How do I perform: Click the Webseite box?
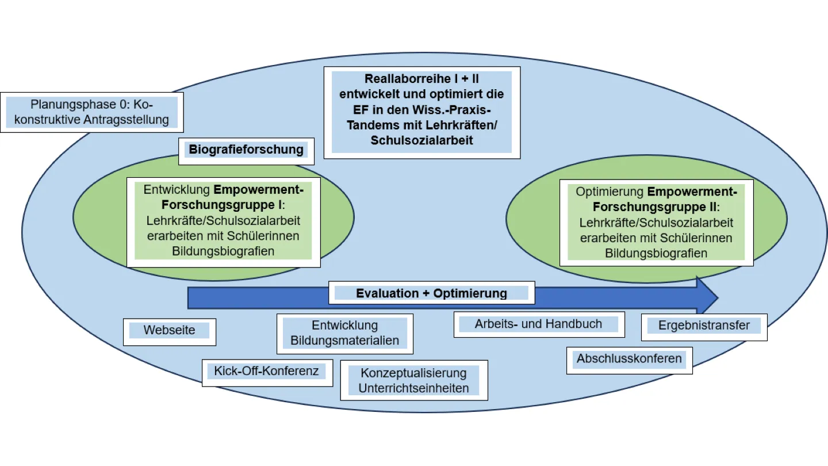[170, 331]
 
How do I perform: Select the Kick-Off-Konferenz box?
[266, 371]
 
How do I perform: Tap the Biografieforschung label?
[246, 150]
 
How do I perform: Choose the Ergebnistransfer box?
[704, 326]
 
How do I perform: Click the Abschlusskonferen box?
[629, 359]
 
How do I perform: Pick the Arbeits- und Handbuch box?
[538, 324]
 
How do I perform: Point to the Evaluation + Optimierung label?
[431, 293]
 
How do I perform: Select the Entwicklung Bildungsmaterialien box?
[344, 333]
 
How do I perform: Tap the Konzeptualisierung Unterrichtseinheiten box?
[413, 380]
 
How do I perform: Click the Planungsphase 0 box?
[92, 112]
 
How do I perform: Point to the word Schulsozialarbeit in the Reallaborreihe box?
[421, 140]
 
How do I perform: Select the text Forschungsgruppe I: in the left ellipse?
[223, 205]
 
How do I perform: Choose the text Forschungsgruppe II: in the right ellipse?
[656, 207]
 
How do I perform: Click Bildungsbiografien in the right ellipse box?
[656, 253]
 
